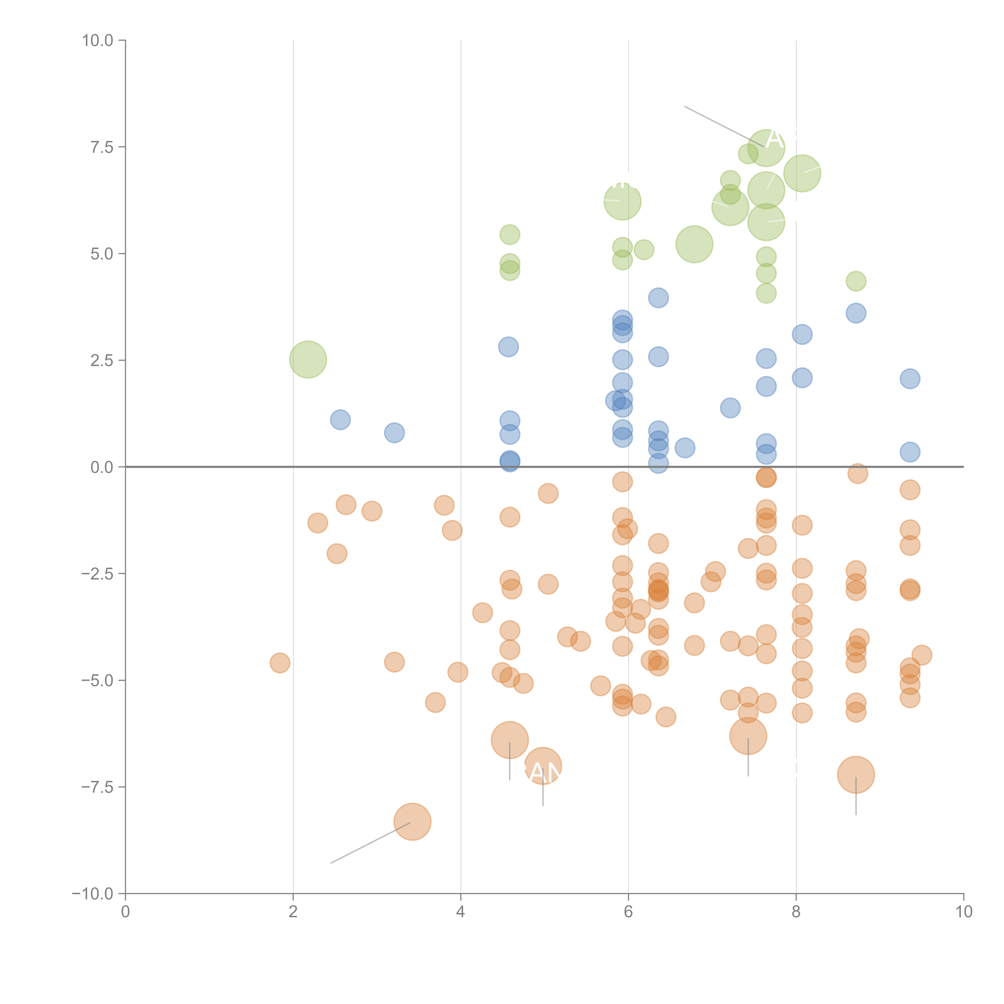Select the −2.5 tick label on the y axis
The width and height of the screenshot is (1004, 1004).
(x=97, y=574)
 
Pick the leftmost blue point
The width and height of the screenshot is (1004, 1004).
(x=340, y=419)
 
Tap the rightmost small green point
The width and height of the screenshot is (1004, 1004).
(x=856, y=281)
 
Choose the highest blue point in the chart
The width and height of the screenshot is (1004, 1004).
(x=658, y=298)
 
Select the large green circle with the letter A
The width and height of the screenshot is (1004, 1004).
(x=766, y=148)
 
